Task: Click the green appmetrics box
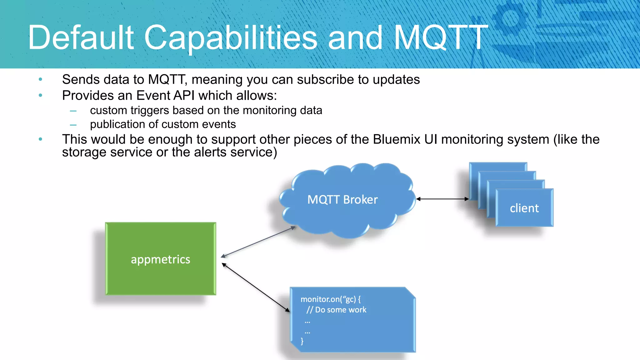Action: tap(160, 259)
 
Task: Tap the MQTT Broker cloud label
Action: tap(342, 200)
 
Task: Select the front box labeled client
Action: tap(524, 208)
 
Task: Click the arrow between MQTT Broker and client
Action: tap(442, 199)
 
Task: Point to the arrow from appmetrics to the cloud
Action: tap(258, 242)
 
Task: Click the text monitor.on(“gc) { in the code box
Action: tap(330, 299)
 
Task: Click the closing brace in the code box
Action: tap(302, 341)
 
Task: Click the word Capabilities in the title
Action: tap(230, 38)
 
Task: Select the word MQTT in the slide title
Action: tap(441, 38)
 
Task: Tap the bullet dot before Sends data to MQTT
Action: tap(40, 80)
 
